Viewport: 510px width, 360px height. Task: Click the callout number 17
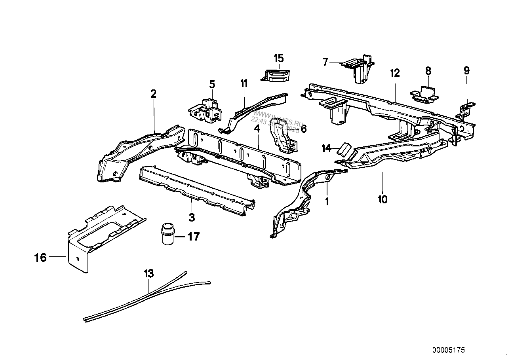point(193,237)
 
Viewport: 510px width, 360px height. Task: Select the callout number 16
point(40,258)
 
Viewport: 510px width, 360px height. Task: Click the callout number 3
point(192,217)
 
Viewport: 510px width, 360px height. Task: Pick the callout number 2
point(153,94)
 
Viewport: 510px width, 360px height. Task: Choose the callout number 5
point(212,84)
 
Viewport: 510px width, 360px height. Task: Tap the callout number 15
point(279,58)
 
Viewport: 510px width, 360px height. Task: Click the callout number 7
point(325,62)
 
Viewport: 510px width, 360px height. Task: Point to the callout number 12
point(395,73)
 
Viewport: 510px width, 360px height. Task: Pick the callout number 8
point(428,71)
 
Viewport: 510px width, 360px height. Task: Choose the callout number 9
point(466,71)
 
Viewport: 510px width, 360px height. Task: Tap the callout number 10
point(382,199)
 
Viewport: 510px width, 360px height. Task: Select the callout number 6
point(303,129)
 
